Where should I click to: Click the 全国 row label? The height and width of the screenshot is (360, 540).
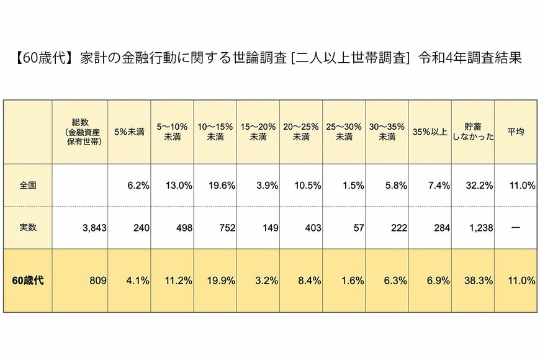coord(28,186)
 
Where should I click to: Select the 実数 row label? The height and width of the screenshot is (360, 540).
coord(28,227)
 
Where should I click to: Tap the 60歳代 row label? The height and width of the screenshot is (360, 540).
coord(28,280)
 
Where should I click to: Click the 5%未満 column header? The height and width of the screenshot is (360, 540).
coord(129,132)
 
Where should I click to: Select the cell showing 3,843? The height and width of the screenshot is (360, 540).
coord(94,228)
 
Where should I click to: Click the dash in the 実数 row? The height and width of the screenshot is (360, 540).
coord(516,228)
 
